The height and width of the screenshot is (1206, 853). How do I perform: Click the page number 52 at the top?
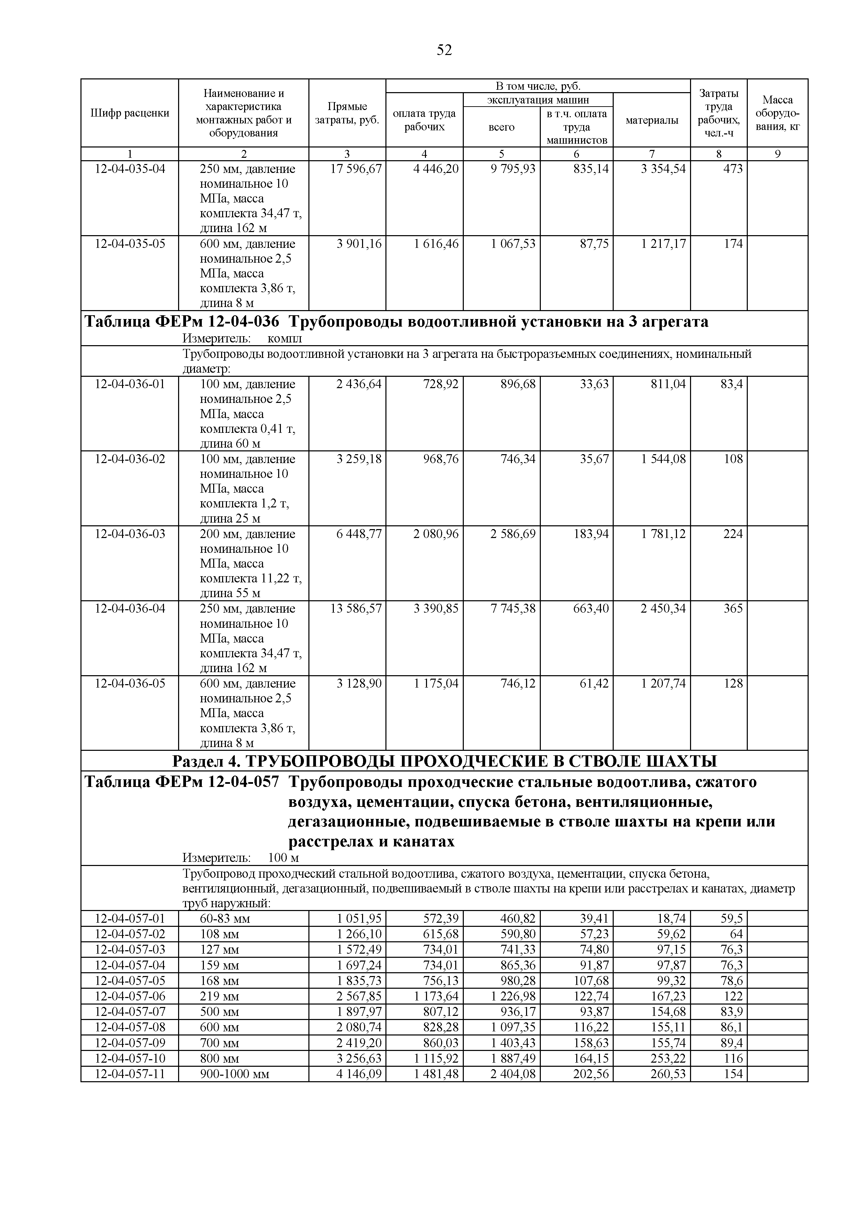point(444,51)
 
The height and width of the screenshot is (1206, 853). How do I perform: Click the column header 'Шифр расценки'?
point(130,113)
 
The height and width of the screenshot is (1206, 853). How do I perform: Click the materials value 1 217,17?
point(663,244)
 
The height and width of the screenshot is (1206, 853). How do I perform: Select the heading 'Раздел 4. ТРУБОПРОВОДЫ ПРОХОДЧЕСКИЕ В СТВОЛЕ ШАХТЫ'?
point(444,761)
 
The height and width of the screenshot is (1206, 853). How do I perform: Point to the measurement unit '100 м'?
point(283,858)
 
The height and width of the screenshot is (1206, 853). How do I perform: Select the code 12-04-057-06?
point(130,996)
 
